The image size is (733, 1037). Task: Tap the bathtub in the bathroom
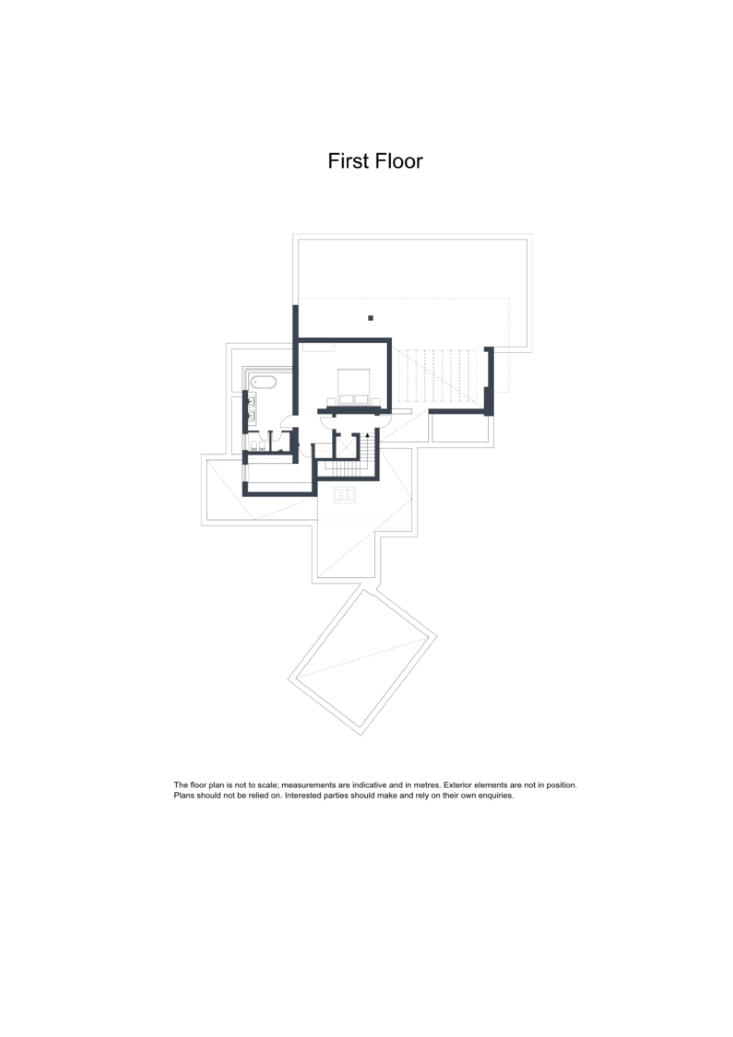point(263,382)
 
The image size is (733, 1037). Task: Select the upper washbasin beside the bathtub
point(252,401)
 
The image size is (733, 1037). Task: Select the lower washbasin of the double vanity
point(252,416)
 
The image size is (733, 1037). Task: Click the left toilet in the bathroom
point(254,445)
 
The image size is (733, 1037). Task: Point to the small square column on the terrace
point(370,318)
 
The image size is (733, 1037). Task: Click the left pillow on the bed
point(346,398)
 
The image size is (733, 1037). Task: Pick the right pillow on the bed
point(361,398)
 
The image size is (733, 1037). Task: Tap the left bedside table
point(331,401)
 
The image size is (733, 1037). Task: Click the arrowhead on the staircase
point(367,436)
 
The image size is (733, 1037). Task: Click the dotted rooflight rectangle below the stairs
point(344,495)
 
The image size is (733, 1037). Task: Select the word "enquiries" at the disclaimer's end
point(496,795)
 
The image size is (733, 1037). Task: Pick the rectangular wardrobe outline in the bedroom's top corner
point(318,347)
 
